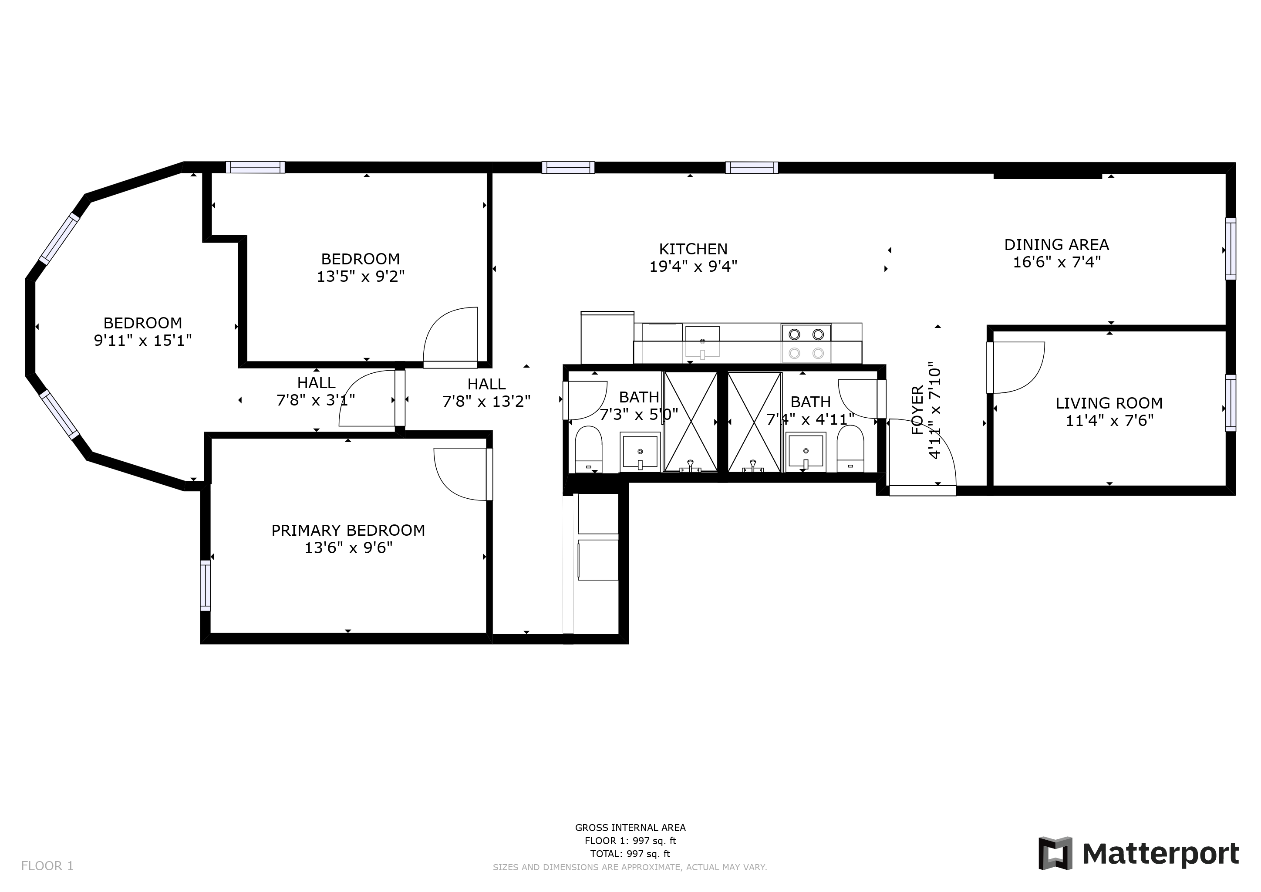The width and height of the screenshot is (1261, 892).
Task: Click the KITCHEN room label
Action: pyautogui.click(x=693, y=249)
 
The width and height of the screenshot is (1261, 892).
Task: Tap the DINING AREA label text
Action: pyautogui.click(x=1056, y=244)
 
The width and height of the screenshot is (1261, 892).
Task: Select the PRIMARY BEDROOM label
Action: pyautogui.click(x=348, y=530)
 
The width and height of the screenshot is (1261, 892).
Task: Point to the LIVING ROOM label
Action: pyautogui.click(x=1109, y=403)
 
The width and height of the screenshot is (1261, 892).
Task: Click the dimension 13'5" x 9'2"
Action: pyautogui.click(x=360, y=276)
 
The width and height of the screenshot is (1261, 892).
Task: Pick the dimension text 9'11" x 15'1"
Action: pyautogui.click(x=143, y=341)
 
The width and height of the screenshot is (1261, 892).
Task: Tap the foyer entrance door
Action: pyautogui.click(x=923, y=456)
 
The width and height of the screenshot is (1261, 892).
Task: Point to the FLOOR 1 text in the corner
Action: pyautogui.click(x=47, y=866)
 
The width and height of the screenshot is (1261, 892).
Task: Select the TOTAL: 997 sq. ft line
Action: pyautogui.click(x=630, y=854)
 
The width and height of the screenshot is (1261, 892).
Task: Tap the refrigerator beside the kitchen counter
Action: pyautogui.click(x=607, y=337)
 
